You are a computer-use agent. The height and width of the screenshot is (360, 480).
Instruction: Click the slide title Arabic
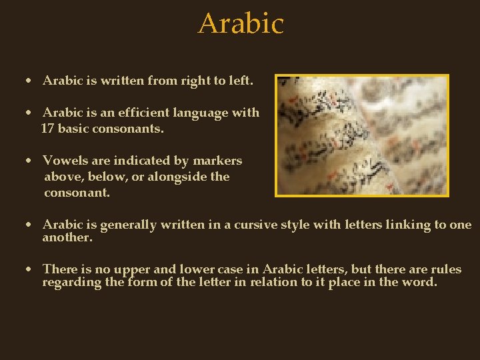241,24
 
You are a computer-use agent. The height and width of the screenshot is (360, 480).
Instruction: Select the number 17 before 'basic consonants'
47,129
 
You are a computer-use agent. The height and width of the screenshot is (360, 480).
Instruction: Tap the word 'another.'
67,237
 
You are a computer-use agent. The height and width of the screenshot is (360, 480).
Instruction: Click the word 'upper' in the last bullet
132,270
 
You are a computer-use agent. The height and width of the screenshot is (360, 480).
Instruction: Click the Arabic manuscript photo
363,135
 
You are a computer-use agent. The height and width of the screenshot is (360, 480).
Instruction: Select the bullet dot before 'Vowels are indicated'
29,161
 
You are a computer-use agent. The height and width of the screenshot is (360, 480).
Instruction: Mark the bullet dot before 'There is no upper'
29,270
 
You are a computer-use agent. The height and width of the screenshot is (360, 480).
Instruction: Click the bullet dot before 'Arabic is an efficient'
29,113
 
